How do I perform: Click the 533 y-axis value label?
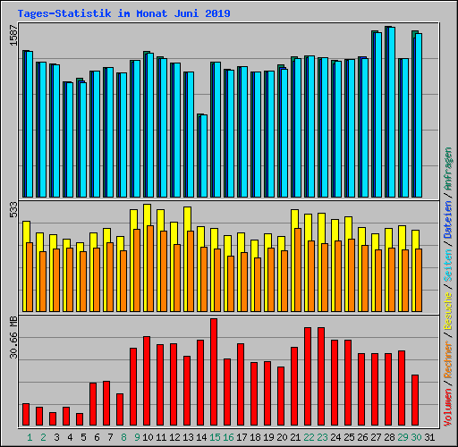pos(13,210)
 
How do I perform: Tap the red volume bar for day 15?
pos(214,372)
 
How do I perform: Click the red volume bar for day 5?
pos(80,418)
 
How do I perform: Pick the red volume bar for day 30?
pos(415,400)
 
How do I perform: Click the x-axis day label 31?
pos(430,437)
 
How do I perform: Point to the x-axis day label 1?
pos(29,437)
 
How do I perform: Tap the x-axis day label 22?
pos(309,437)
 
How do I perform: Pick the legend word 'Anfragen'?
pos(448,170)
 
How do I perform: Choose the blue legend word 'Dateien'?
pos(448,220)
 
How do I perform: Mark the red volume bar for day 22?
pos(308,376)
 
